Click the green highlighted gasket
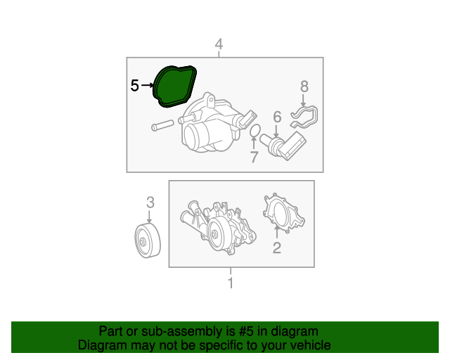click(x=174, y=86)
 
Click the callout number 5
click(x=134, y=86)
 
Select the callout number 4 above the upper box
click(x=219, y=44)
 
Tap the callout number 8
click(x=304, y=86)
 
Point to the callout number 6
click(x=277, y=117)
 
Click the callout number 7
click(x=254, y=157)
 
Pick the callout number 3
click(x=150, y=202)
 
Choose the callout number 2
click(x=276, y=247)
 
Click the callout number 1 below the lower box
click(x=231, y=283)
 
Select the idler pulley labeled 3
click(x=148, y=240)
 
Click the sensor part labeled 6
click(x=283, y=145)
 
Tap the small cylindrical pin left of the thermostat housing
click(x=162, y=125)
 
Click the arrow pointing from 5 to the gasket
click(x=147, y=85)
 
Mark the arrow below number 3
click(x=149, y=216)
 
